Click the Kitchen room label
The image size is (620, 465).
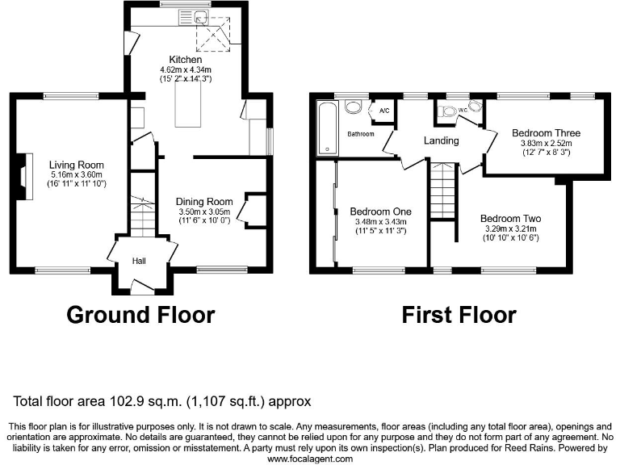(185, 60)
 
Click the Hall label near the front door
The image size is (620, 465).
(140, 261)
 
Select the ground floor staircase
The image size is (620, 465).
(142, 216)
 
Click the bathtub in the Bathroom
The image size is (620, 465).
(326, 127)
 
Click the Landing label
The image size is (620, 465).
(441, 140)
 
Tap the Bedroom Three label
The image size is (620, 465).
(546, 133)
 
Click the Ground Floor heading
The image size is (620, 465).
(140, 313)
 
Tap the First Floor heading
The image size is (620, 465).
(459, 313)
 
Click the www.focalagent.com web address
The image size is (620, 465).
(309, 459)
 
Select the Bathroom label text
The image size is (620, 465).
(361, 134)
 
